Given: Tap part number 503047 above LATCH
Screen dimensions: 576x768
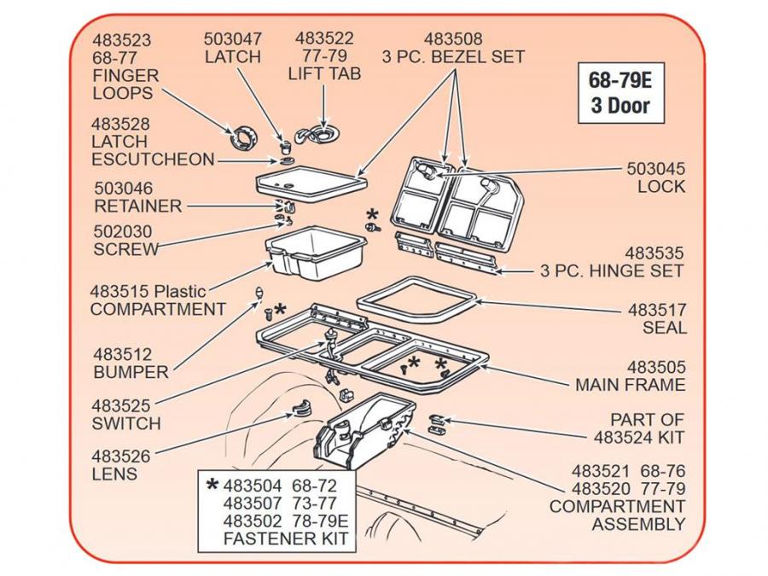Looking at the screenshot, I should (x=233, y=38).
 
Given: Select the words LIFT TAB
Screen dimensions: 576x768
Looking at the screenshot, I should (x=324, y=74).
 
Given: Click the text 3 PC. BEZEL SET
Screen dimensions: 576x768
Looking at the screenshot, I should (x=453, y=57).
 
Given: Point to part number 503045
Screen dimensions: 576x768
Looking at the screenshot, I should (x=656, y=169).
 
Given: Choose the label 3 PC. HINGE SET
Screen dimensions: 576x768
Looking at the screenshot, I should (x=612, y=271).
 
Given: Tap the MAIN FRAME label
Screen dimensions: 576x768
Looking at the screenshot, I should (x=630, y=385).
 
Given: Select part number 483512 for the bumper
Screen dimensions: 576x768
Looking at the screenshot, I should (x=121, y=354).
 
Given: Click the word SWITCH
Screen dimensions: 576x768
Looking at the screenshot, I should (x=125, y=423).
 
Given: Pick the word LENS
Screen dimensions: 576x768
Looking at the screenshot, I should (x=113, y=474).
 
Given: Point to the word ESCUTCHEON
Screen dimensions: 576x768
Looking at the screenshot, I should (x=153, y=160).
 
